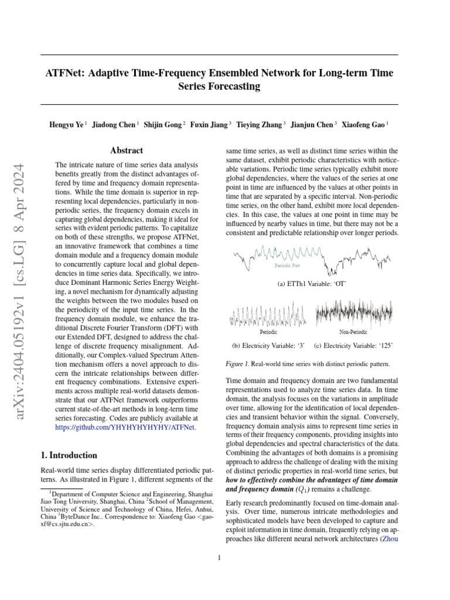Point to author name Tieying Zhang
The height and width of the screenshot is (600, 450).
click(x=261, y=124)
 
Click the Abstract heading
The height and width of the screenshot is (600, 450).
click(x=127, y=151)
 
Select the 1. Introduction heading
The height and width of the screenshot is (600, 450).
click(x=69, y=455)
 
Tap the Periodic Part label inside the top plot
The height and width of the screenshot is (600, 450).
click(x=287, y=265)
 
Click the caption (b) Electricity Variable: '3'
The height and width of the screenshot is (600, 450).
click(x=267, y=346)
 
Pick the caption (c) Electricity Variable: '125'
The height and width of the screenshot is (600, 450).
click(x=353, y=346)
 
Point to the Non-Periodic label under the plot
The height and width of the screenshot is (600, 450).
click(x=353, y=332)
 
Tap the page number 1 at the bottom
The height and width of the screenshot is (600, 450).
click(x=219, y=558)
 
